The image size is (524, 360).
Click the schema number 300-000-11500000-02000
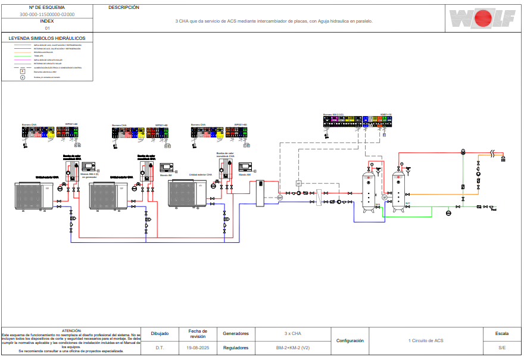click(x=47, y=14)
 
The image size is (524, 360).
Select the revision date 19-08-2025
click(x=198, y=347)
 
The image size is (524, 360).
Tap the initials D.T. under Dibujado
click(x=160, y=347)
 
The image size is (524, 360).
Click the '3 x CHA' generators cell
click(x=292, y=333)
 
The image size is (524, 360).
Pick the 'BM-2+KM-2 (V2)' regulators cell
click(x=292, y=347)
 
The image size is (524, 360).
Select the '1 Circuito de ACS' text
click(x=426, y=340)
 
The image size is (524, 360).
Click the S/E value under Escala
click(x=502, y=347)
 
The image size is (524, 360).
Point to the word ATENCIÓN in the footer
click(x=71, y=330)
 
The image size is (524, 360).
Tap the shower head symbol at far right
click(x=503, y=158)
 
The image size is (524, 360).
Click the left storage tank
click(x=369, y=190)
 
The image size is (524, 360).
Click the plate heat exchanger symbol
click(x=320, y=197)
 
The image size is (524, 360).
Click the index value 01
click(x=47, y=27)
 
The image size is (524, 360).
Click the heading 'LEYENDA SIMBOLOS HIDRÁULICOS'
click(x=47, y=38)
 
